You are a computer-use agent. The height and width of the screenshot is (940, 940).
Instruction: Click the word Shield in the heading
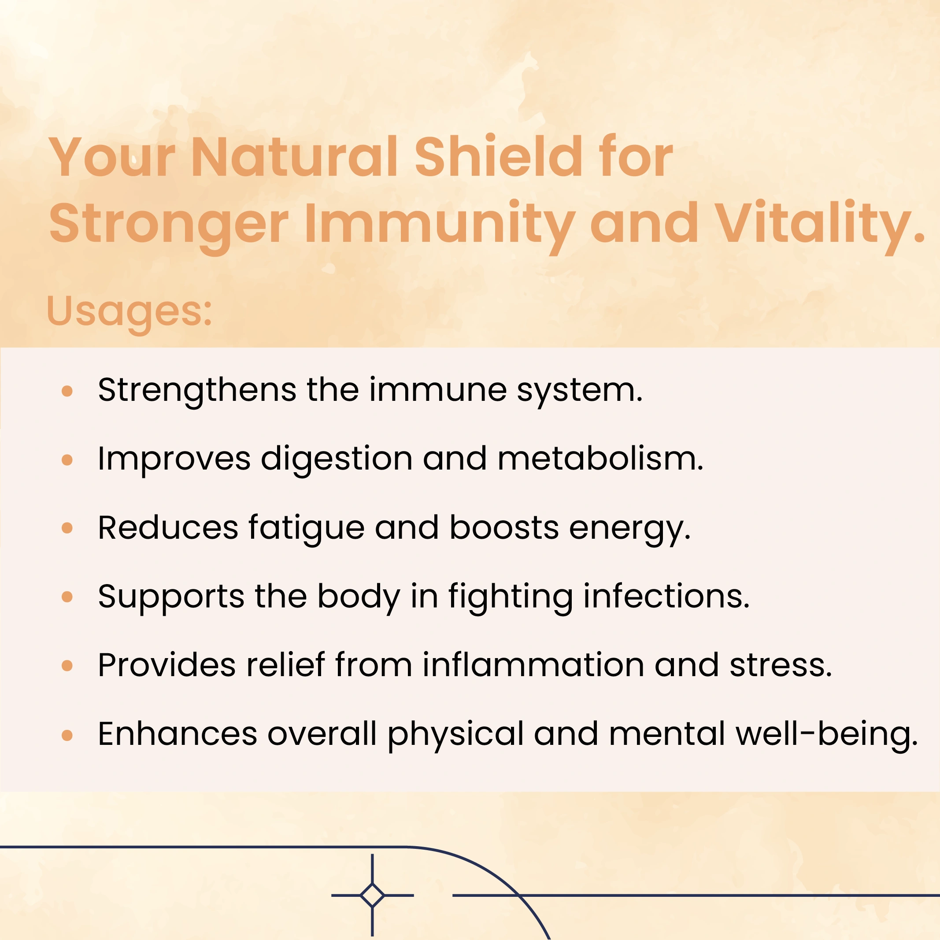coord(499,156)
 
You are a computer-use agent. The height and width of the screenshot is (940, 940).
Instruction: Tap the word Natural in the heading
coord(295,157)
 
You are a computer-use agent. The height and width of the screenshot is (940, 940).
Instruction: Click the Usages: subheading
coord(129,312)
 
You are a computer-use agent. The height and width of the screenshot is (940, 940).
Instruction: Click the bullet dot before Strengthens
coord(67,391)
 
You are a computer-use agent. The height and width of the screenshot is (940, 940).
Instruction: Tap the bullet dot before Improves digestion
coord(67,460)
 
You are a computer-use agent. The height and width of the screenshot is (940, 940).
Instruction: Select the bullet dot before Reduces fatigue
coord(67,529)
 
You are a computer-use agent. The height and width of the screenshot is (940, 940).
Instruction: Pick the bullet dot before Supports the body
coord(67,597)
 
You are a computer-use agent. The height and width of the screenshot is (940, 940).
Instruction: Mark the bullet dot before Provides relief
coord(67,666)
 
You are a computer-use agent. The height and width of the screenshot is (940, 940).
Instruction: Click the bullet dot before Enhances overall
coord(67,735)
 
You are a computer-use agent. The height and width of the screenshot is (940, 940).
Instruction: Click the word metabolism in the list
coord(600,459)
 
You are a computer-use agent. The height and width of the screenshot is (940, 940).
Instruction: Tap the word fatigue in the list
coord(307,529)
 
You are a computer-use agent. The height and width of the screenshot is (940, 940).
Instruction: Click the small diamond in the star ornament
coord(372,895)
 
